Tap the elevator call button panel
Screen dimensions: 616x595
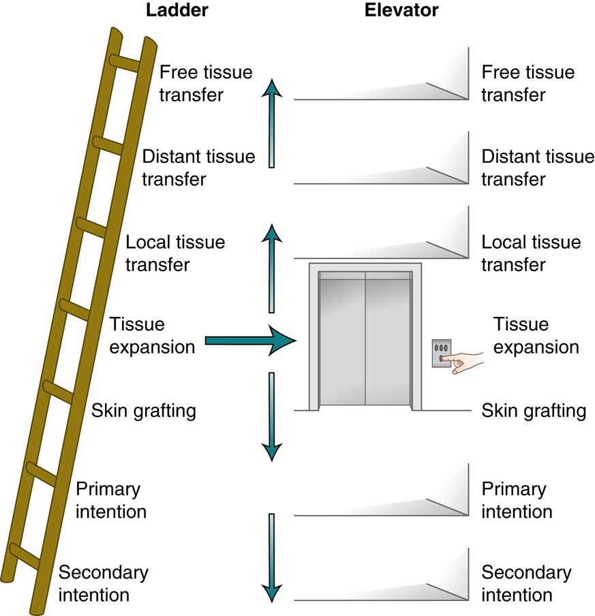(x=442, y=353)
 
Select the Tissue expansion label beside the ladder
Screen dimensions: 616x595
(x=152, y=335)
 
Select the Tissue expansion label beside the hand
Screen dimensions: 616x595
(x=536, y=335)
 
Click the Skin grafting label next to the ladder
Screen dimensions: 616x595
(x=144, y=411)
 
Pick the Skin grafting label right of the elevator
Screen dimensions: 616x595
(x=534, y=411)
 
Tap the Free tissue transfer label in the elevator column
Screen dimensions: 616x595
(x=528, y=83)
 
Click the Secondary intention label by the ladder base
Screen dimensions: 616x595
(x=103, y=583)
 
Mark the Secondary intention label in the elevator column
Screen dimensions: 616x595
(x=526, y=583)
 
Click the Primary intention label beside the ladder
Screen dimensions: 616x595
(x=110, y=499)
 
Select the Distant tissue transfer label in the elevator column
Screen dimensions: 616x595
(x=538, y=168)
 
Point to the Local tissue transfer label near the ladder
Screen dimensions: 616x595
(x=175, y=253)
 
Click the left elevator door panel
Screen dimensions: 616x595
(x=342, y=341)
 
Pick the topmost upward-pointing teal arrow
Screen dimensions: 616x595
(x=272, y=123)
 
